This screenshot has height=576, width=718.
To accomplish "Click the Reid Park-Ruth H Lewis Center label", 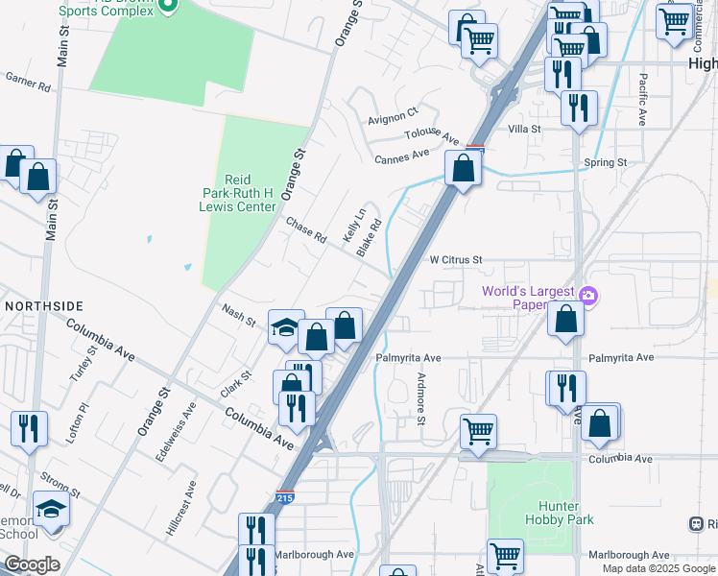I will point(236,193).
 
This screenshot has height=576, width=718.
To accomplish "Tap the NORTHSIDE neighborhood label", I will point(43,305).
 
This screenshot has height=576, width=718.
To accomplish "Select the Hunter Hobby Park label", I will point(560,513).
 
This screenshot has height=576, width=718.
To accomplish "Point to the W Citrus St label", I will point(454,260).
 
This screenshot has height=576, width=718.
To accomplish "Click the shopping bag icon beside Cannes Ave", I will point(463,169).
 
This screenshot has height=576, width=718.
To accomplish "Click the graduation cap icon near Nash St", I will point(286,327).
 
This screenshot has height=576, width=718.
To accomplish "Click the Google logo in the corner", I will point(33,564).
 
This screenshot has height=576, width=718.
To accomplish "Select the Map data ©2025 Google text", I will point(658,568).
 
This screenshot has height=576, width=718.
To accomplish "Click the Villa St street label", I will point(525,129).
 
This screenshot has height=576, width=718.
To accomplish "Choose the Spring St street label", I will point(605,163).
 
